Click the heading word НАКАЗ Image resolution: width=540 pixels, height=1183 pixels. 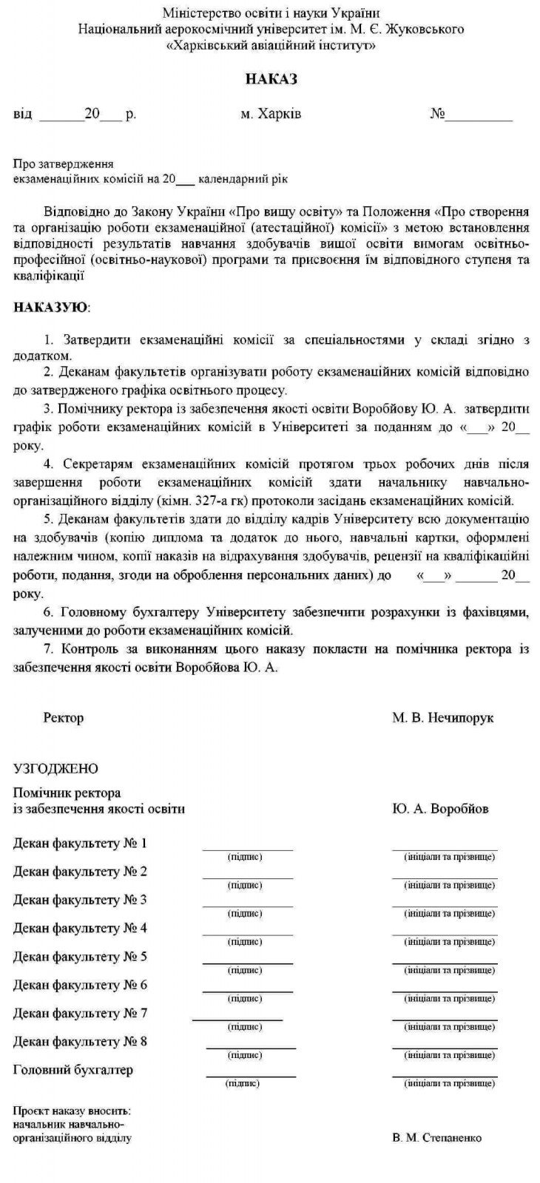(x=271, y=79)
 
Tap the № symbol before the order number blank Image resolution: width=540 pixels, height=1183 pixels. (x=437, y=115)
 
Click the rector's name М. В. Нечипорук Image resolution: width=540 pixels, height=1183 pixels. (x=442, y=717)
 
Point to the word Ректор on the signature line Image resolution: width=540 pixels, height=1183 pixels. (x=64, y=717)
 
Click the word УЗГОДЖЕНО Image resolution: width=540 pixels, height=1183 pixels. (x=55, y=769)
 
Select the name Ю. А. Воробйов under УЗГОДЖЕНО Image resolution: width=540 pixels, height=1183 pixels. (x=440, y=808)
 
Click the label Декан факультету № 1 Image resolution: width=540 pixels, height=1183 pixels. (x=80, y=843)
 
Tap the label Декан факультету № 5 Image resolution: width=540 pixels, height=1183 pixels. (x=80, y=956)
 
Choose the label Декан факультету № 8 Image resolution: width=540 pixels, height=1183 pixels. (x=80, y=1041)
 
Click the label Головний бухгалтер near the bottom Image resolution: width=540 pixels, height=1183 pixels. (x=73, y=1069)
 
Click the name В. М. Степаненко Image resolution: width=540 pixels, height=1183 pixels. (x=436, y=1138)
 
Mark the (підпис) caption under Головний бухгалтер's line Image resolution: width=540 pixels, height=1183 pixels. (x=243, y=1083)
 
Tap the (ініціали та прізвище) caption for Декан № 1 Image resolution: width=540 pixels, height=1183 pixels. (x=449, y=857)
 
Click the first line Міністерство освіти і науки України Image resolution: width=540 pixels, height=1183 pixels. (x=271, y=13)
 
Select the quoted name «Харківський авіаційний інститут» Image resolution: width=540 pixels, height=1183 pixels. (x=271, y=45)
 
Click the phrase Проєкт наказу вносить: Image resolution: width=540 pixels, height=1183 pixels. (x=72, y=1111)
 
